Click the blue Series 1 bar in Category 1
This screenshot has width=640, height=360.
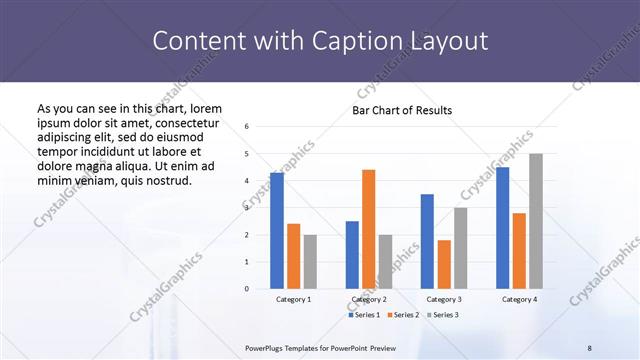click(x=277, y=230)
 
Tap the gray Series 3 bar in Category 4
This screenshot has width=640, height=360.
click(x=536, y=221)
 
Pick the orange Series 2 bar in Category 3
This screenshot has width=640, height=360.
click(x=444, y=264)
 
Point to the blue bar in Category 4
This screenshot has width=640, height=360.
click(x=502, y=228)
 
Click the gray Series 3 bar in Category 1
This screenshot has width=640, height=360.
click(x=310, y=261)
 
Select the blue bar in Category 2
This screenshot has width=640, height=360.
click(x=352, y=255)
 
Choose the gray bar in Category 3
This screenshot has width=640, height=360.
click(x=461, y=248)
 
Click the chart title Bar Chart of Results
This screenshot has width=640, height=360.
click(x=402, y=110)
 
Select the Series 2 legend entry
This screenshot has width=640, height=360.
click(x=403, y=315)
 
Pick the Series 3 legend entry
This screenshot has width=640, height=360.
click(x=441, y=315)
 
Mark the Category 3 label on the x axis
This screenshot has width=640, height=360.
click(x=444, y=299)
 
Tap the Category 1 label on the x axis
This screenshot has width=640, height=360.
click(x=293, y=299)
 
